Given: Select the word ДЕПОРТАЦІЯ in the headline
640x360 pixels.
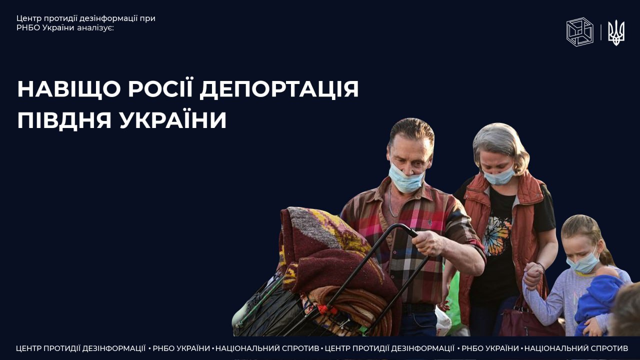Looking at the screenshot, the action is coord(279,89).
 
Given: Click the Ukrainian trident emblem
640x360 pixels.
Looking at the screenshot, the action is coord(616,32).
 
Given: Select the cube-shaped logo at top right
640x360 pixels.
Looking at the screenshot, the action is coord(579,32).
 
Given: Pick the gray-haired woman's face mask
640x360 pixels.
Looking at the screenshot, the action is coord(499,176).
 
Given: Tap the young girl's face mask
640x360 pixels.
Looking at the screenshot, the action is coord(583,263).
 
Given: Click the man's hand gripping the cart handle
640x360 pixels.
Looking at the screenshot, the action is coord(428,243).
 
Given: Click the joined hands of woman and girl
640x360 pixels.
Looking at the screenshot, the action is coord(533,275).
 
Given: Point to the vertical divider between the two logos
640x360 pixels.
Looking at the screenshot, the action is coord(601,32).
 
